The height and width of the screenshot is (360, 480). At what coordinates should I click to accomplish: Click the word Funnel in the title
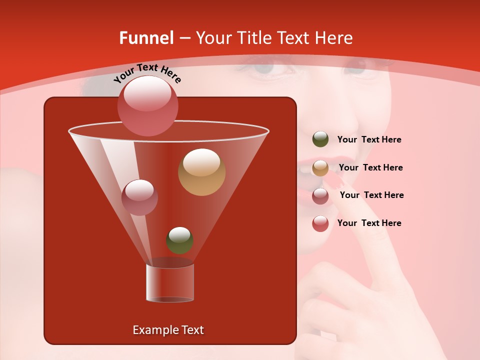click(x=146, y=38)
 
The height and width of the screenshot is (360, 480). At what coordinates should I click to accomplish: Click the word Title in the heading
click(x=254, y=38)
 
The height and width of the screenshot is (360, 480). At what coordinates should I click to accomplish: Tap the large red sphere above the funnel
click(x=147, y=105)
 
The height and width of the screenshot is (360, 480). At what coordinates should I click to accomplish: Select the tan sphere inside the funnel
click(x=201, y=171)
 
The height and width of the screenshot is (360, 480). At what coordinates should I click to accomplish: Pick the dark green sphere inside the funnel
click(x=179, y=240)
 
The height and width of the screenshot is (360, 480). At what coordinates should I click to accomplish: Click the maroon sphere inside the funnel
click(x=139, y=197)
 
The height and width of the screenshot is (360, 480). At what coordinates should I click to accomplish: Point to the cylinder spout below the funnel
click(x=170, y=282)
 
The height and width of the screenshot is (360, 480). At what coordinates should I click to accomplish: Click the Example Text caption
click(x=168, y=330)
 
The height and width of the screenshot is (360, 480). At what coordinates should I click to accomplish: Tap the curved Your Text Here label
click(x=147, y=73)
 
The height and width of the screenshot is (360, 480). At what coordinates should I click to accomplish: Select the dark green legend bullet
click(x=320, y=139)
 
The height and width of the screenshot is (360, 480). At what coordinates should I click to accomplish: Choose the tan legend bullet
click(x=320, y=168)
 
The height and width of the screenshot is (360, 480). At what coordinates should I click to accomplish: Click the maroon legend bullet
click(x=320, y=196)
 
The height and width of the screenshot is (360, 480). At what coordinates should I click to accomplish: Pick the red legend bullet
click(x=320, y=223)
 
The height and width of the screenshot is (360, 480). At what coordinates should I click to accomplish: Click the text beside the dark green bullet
click(x=369, y=140)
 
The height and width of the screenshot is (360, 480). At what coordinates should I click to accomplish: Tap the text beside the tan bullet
click(x=370, y=167)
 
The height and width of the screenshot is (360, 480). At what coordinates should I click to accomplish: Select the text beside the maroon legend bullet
click(x=371, y=195)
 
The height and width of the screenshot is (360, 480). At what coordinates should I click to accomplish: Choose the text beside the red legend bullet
click(x=369, y=223)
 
